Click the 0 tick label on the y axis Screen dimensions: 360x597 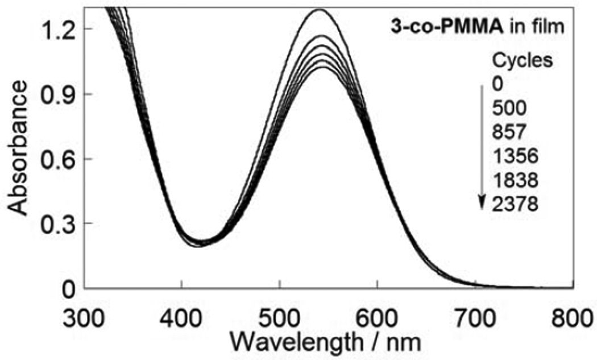(x=69, y=289)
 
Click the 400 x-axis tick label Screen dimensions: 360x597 (x=181, y=314)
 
